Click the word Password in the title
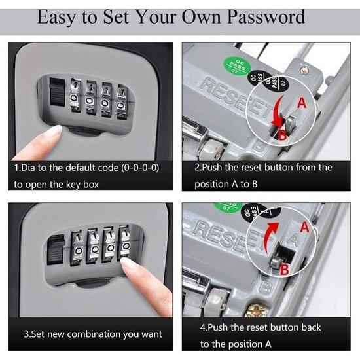pyautogui.click(x=266, y=17)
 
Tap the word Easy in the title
pyautogui.click(x=56, y=18)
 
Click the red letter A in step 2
pyautogui.click(x=302, y=103)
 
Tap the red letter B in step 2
pyautogui.click(x=282, y=135)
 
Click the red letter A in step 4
pyautogui.click(x=304, y=227)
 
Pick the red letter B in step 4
pyautogui.click(x=284, y=269)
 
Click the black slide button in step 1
pyautogui.click(x=58, y=92)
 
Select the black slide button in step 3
pyautogui.click(x=56, y=250)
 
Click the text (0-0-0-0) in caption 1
pyautogui.click(x=140, y=168)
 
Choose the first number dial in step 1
pyautogui.click(x=75, y=95)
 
